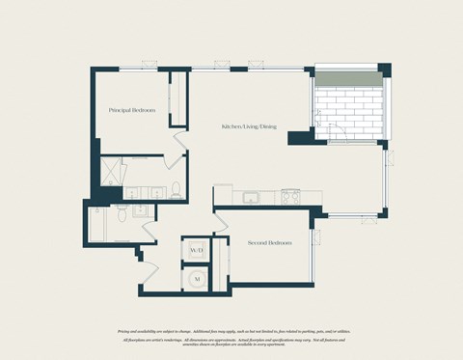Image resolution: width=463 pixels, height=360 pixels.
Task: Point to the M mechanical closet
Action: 197,278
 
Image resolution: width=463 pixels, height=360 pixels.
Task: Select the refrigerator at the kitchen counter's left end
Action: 223,196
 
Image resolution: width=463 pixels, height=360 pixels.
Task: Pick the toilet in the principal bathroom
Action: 177,189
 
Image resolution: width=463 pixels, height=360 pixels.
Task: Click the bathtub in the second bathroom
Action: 101,227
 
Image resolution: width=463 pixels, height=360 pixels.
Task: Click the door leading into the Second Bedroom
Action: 221,222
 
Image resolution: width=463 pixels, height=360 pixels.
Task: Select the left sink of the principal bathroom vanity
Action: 132,193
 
